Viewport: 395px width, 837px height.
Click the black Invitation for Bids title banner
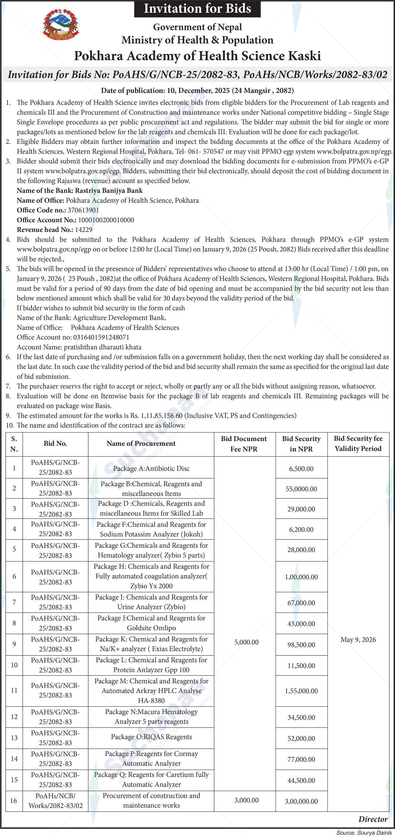click(x=197, y=8)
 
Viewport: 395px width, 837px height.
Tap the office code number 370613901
click(x=83, y=210)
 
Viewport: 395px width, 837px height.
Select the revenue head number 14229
click(x=84, y=230)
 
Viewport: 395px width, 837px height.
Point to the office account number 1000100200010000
click(x=106, y=220)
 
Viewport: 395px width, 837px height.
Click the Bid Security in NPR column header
click(x=301, y=444)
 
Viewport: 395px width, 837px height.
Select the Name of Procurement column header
click(x=141, y=444)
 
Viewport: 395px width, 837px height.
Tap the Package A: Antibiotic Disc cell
click(x=151, y=468)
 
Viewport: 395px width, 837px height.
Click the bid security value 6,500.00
click(x=301, y=469)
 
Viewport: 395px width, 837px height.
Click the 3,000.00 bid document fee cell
click(x=246, y=800)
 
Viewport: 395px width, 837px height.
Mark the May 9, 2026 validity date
click(x=358, y=640)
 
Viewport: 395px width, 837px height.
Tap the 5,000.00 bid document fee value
click(x=246, y=642)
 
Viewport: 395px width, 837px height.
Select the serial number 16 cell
click(x=14, y=800)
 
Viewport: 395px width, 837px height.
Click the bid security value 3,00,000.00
click(x=301, y=801)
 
